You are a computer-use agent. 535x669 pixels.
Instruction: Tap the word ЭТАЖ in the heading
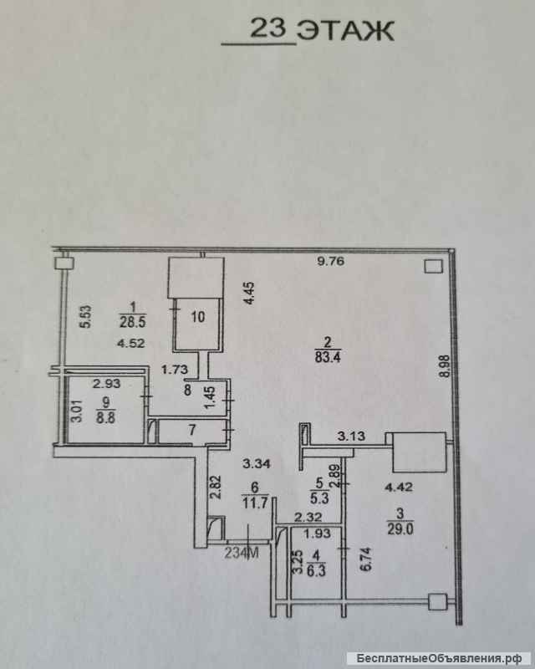pyautogui.click(x=345, y=31)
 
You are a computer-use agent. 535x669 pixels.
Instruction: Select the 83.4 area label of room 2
pyautogui.click(x=328, y=356)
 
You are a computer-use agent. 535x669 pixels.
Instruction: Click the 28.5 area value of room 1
pyautogui.click(x=132, y=321)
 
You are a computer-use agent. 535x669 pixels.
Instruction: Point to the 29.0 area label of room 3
pyautogui.click(x=400, y=529)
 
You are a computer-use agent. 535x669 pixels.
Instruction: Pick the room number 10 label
pyautogui.click(x=198, y=317)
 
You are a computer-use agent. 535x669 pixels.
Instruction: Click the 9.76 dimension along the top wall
pyautogui.click(x=331, y=261)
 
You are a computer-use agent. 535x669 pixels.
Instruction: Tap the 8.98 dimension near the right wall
pyautogui.click(x=445, y=366)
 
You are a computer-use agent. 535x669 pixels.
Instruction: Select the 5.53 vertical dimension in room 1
pyautogui.click(x=86, y=316)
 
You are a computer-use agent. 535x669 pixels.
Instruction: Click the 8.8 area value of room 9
pyautogui.click(x=105, y=416)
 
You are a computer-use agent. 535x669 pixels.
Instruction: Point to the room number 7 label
pyautogui.click(x=192, y=430)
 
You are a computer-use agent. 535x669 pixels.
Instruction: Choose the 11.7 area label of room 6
pyautogui.click(x=255, y=503)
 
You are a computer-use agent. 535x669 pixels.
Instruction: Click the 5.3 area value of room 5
pyautogui.click(x=319, y=498)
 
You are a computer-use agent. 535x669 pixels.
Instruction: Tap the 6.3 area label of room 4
pyautogui.click(x=316, y=570)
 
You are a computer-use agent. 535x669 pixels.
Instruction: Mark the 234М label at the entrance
pyautogui.click(x=242, y=553)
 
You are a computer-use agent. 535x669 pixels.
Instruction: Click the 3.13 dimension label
pyautogui.click(x=351, y=436)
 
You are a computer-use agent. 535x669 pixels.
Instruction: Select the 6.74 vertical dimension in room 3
pyautogui.click(x=366, y=559)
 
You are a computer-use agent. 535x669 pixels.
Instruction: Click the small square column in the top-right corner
pyautogui.click(x=434, y=267)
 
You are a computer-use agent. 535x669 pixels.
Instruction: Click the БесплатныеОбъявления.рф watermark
pyautogui.click(x=439, y=658)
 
